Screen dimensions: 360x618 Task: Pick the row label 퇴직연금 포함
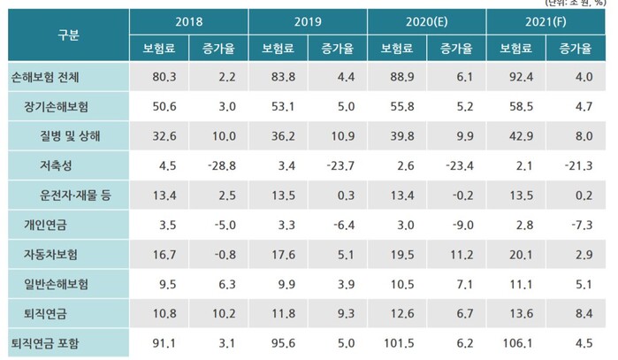43,341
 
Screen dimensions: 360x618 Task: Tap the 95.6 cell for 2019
278,341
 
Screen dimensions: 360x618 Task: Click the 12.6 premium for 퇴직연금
398,311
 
